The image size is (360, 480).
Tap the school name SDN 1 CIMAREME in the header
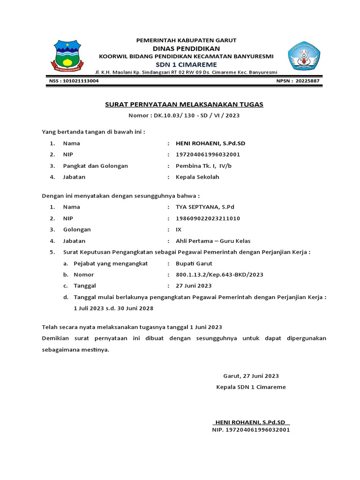point(186,64)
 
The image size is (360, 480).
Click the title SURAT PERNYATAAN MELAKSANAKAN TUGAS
point(184,104)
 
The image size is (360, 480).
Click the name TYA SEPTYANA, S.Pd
point(205,207)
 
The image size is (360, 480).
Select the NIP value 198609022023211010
point(207,218)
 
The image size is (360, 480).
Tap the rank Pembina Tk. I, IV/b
point(204,165)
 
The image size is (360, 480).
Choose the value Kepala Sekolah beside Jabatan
point(197,177)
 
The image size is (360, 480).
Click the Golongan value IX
point(179,229)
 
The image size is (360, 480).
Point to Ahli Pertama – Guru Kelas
point(213,241)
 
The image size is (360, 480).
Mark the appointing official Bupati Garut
point(194,263)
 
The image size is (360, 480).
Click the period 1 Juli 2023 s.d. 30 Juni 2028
point(113,308)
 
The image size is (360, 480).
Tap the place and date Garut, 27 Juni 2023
point(251,376)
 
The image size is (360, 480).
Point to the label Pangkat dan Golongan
point(96,165)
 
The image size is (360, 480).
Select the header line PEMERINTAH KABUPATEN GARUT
point(186,40)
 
